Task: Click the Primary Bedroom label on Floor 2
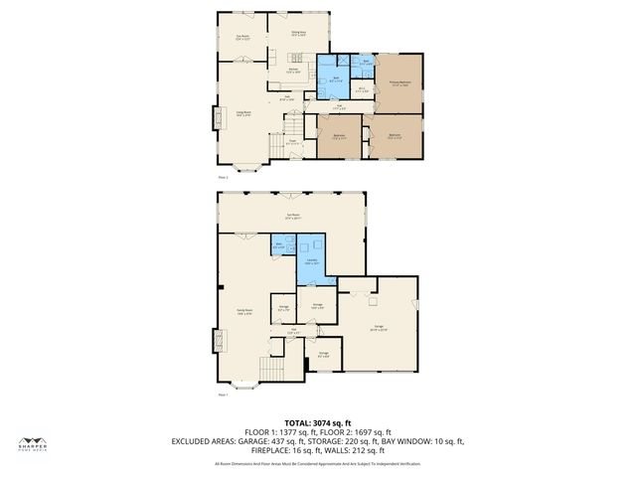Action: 400,85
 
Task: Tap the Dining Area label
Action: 298,34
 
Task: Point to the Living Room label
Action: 242,113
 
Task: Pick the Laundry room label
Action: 312,261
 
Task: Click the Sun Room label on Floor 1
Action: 292,215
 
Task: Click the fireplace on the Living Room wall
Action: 214,119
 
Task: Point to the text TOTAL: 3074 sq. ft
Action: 318,423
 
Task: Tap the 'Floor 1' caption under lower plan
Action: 223,395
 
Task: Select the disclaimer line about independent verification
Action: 318,464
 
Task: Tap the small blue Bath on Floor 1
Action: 280,243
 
